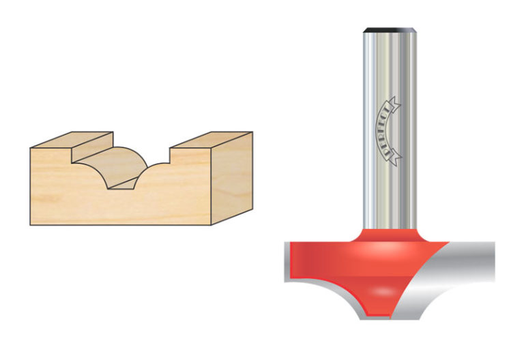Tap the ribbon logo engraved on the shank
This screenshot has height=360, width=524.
[390, 129]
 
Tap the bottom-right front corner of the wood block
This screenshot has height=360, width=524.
[213, 224]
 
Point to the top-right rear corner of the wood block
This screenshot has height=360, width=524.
[252, 132]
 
